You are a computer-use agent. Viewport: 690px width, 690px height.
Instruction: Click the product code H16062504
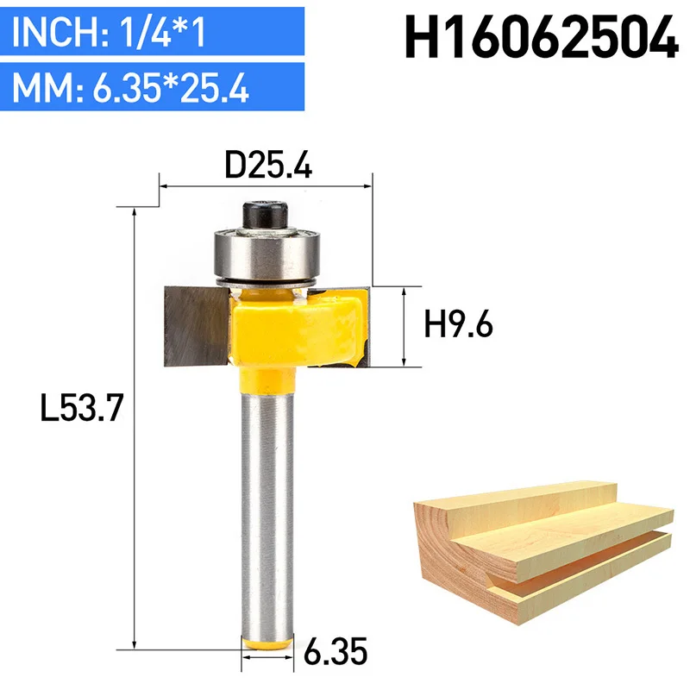click(x=542, y=37)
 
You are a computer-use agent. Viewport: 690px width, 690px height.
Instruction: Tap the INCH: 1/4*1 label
click(x=109, y=32)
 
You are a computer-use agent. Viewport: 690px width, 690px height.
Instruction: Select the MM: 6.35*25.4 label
click(x=130, y=88)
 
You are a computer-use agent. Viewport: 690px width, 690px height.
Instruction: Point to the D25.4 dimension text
click(x=268, y=165)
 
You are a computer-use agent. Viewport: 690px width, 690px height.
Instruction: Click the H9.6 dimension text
click(x=458, y=324)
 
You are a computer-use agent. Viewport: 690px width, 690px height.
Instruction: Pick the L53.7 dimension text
click(x=81, y=408)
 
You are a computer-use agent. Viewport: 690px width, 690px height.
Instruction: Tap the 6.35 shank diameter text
click(x=336, y=652)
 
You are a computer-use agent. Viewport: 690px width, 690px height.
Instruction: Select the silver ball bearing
click(x=267, y=254)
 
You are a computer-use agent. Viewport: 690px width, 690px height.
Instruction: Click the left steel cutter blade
click(x=197, y=326)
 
